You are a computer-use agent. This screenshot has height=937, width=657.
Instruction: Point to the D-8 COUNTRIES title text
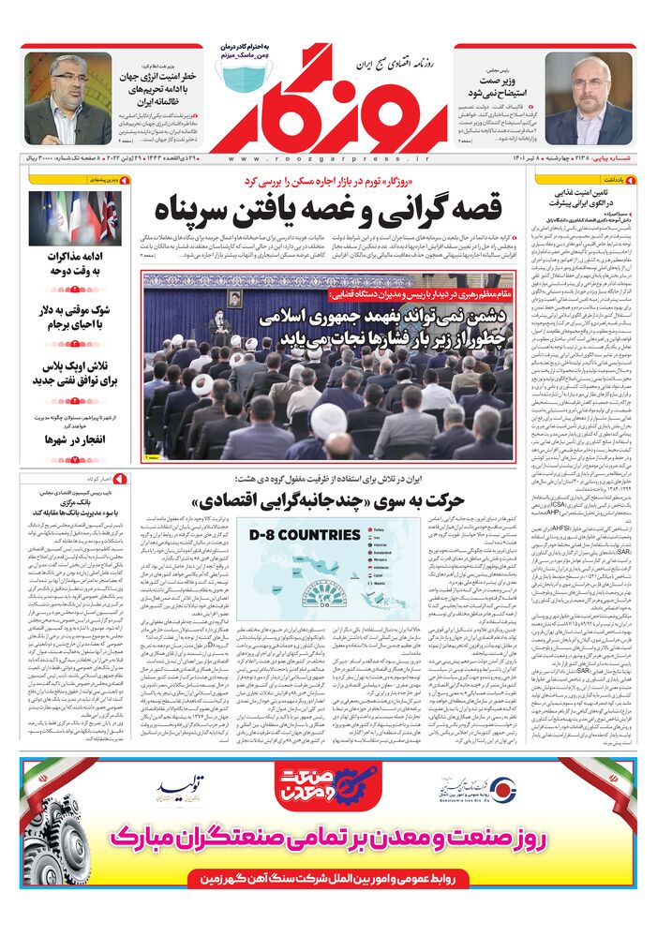(306, 535)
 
